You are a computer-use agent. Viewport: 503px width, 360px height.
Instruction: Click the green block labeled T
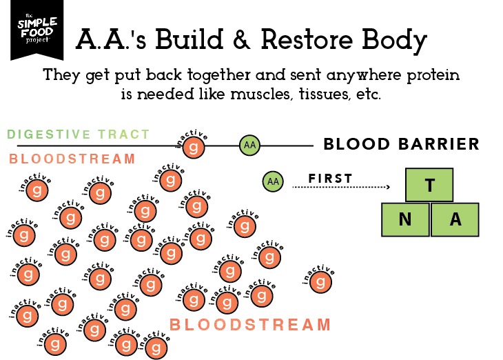click(430, 185)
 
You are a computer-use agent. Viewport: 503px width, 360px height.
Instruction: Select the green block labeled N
click(405, 219)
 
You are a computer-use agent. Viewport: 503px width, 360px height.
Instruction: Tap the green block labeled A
click(455, 219)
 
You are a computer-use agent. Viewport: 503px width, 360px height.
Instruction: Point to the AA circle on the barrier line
click(249, 145)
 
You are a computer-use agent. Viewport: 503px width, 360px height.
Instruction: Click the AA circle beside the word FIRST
click(273, 181)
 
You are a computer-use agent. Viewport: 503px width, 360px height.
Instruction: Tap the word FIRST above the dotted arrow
click(330, 179)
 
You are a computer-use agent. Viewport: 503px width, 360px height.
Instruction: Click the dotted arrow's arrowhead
click(387, 187)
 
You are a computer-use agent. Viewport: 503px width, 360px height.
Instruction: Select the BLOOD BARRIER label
click(401, 144)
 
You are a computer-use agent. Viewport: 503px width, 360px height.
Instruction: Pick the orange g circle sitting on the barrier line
click(195, 147)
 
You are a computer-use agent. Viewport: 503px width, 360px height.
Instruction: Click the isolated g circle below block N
click(320, 281)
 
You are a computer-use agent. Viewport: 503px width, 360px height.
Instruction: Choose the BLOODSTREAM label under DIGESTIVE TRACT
click(72, 159)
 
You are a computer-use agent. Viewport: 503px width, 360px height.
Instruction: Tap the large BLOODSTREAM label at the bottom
click(250, 325)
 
